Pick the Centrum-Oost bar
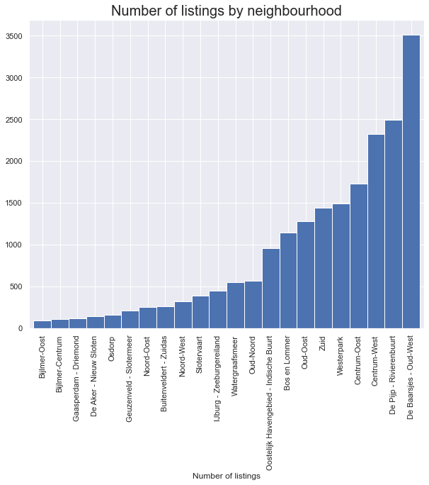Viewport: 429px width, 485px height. pos(359,256)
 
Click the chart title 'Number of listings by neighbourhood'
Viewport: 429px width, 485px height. pos(227,11)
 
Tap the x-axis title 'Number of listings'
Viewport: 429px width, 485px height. pos(227,476)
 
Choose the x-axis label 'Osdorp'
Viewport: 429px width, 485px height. pos(113,348)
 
